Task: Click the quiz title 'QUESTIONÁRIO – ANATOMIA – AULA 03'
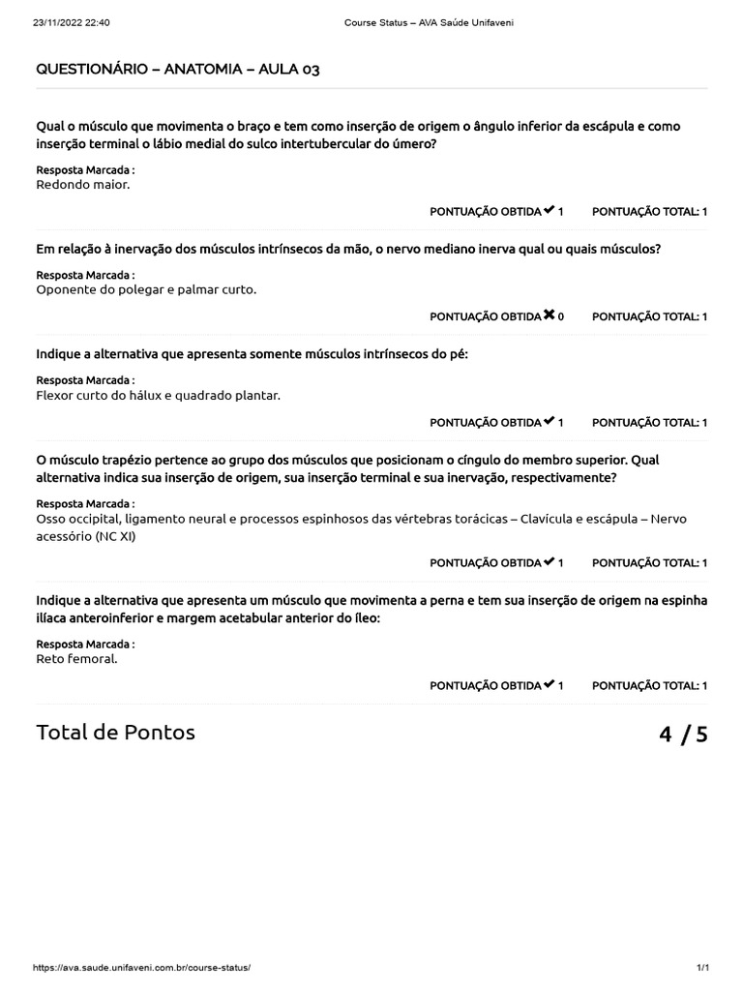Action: point(178,70)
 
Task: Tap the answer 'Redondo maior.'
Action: point(82,184)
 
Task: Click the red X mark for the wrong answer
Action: point(550,315)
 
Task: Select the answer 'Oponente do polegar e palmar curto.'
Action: point(146,289)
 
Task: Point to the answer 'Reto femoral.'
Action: point(76,659)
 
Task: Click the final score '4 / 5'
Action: point(683,734)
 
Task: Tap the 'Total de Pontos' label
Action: point(115,732)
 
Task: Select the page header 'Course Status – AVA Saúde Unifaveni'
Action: point(428,22)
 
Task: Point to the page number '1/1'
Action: point(703,968)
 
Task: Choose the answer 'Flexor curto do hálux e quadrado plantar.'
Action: point(158,395)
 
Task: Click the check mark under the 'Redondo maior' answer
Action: point(550,210)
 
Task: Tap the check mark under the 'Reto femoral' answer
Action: point(550,685)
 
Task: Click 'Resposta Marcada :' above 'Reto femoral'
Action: point(85,644)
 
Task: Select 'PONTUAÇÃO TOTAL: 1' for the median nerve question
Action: point(649,316)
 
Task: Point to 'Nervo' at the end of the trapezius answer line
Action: point(669,519)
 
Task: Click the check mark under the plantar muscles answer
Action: point(550,422)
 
